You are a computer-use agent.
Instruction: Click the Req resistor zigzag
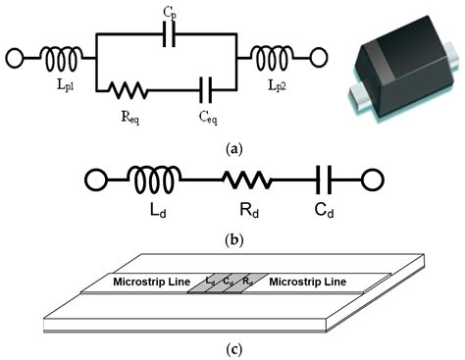point(129,90)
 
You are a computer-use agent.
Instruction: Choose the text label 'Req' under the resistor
point(129,113)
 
